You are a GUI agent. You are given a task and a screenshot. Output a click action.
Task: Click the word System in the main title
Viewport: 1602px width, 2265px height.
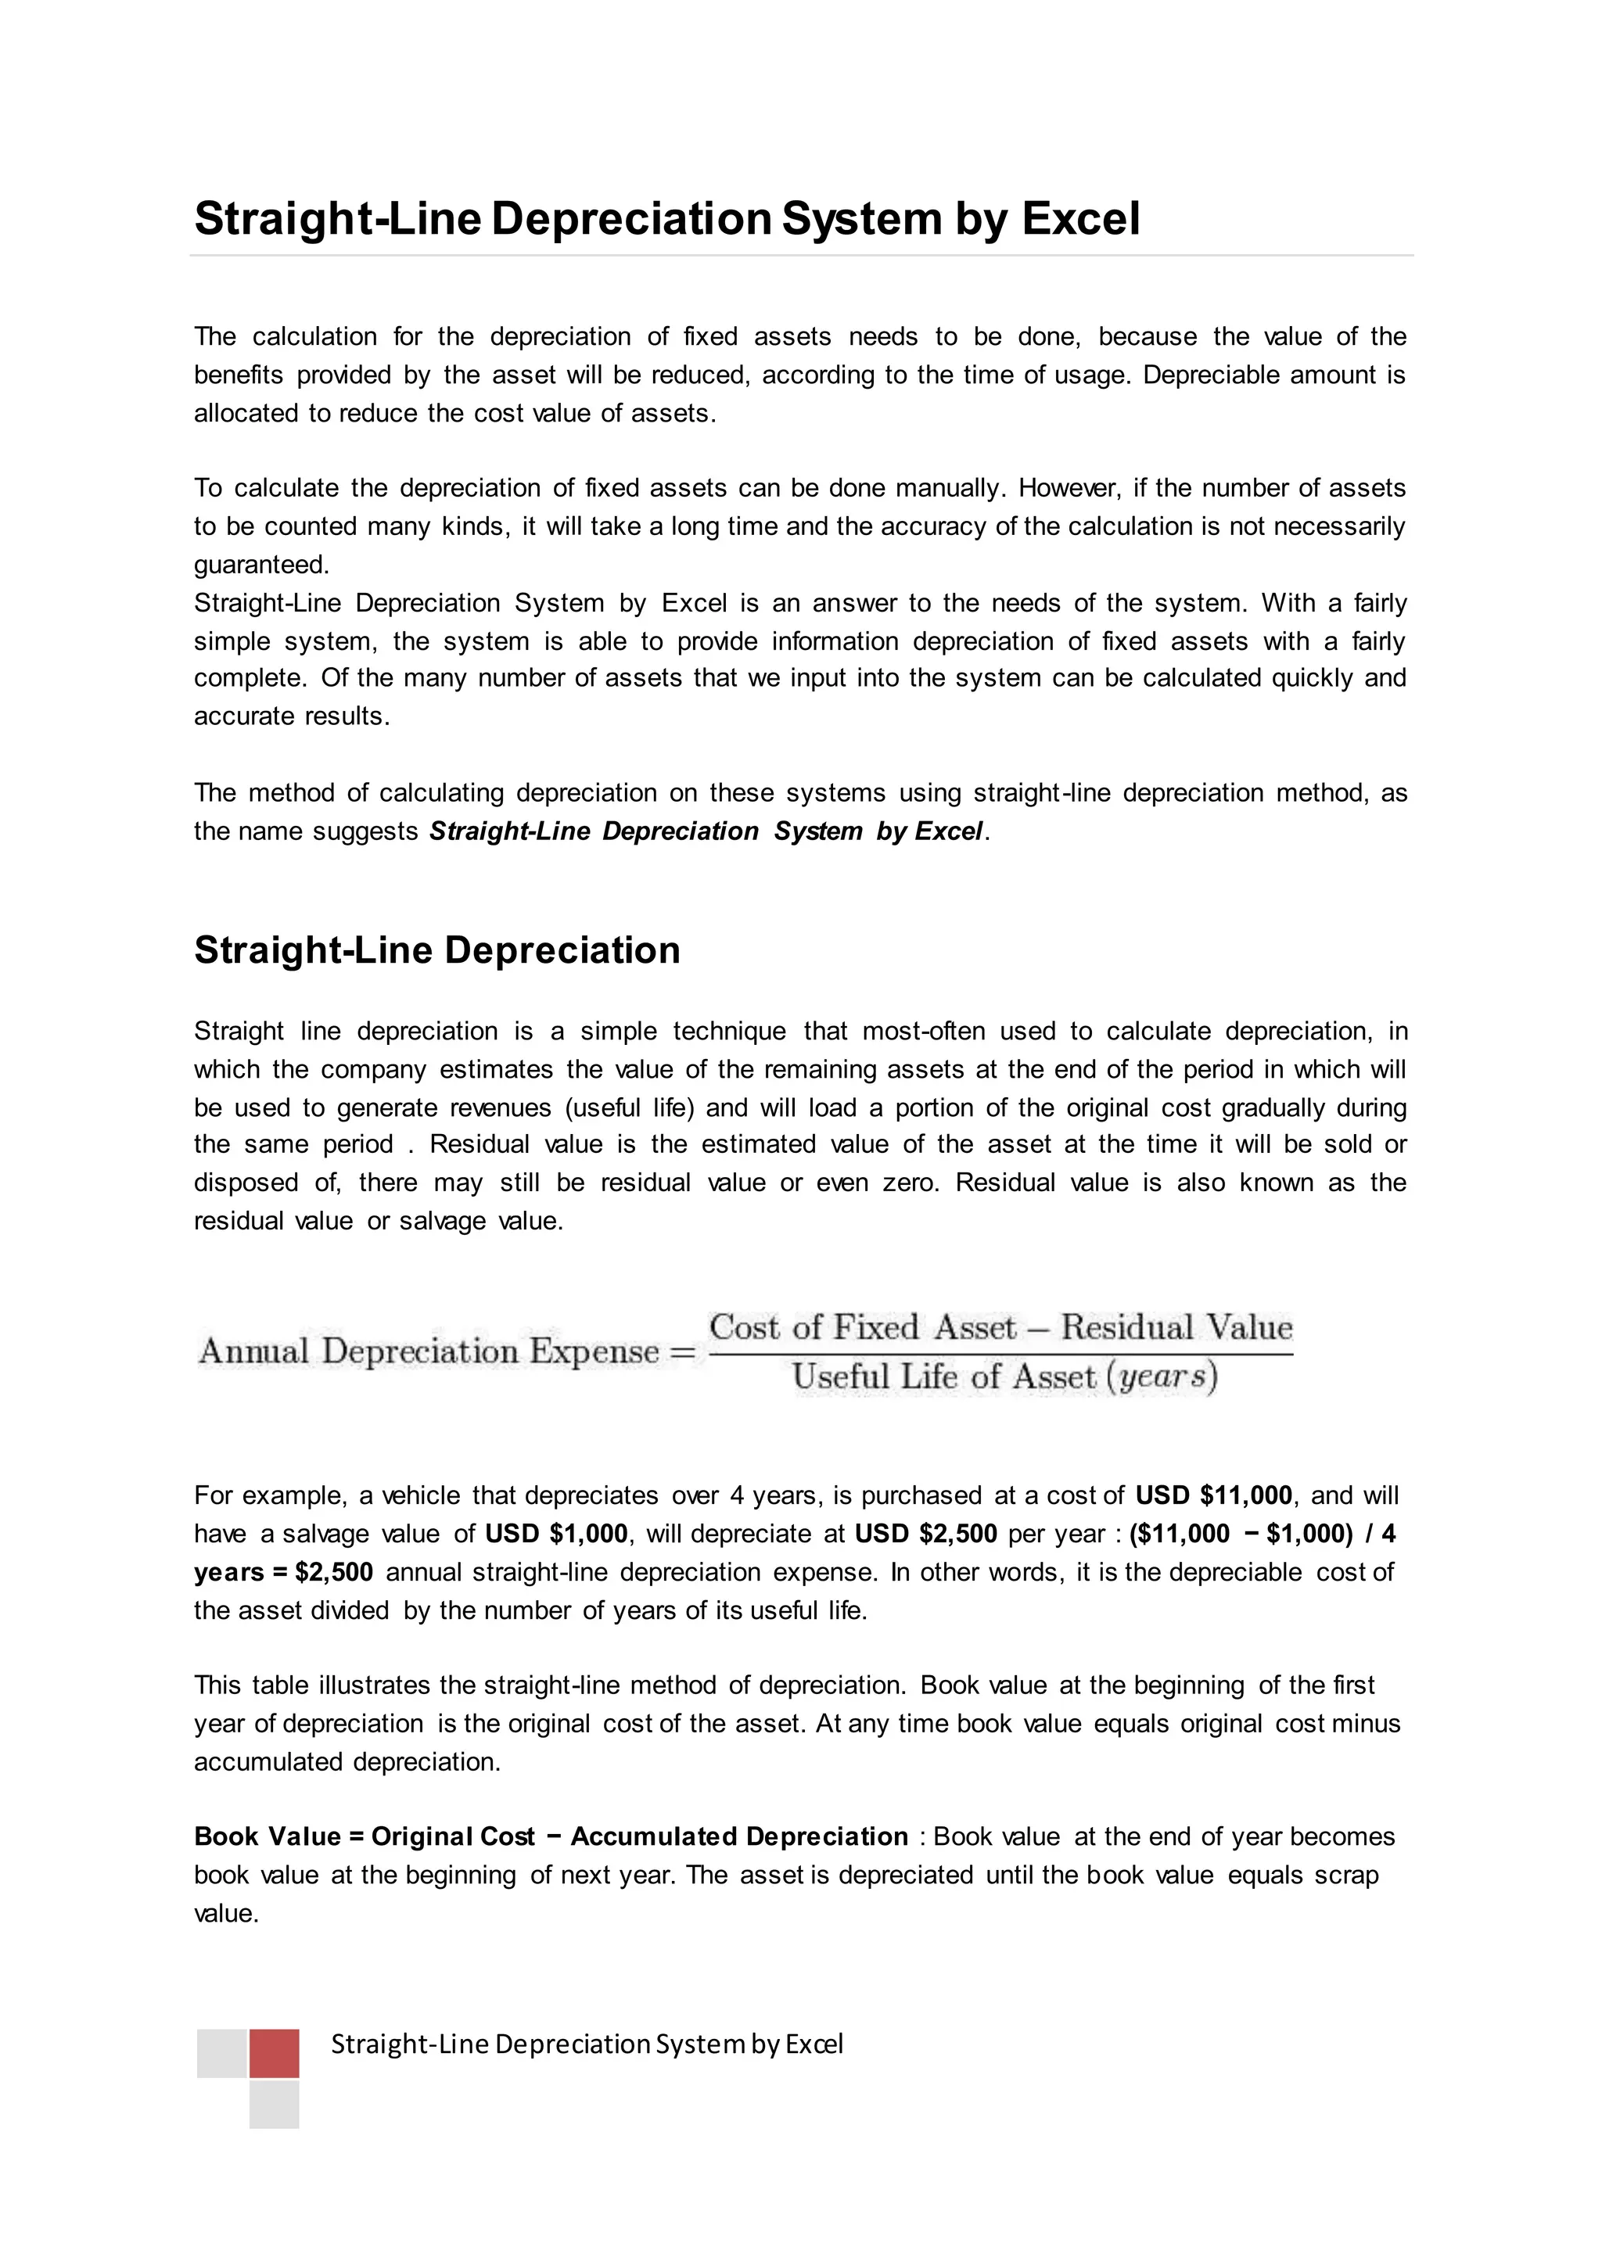(x=861, y=219)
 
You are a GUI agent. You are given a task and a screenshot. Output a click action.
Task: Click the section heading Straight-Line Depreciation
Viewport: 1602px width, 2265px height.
(x=437, y=950)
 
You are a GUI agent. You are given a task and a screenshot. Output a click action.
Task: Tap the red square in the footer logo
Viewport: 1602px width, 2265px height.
(x=275, y=2053)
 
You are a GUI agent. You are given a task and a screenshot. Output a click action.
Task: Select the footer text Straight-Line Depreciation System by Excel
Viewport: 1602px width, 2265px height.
(x=587, y=2043)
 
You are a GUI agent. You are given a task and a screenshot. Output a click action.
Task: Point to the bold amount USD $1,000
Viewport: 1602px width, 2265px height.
(x=556, y=1534)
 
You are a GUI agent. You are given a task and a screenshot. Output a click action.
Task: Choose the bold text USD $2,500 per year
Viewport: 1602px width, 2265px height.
(x=925, y=1534)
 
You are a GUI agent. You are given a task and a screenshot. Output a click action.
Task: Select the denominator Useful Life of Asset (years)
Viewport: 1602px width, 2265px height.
(x=1004, y=1377)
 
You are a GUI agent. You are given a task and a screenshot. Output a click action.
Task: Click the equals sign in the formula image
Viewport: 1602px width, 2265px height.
(x=683, y=1351)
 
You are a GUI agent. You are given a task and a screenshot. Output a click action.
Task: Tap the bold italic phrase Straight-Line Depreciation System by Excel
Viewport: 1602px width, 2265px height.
(x=706, y=831)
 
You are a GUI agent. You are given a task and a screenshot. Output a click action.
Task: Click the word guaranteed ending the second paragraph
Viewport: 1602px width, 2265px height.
(x=260, y=565)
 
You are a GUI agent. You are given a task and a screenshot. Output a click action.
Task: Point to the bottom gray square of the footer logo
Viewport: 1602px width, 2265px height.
(x=275, y=2104)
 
